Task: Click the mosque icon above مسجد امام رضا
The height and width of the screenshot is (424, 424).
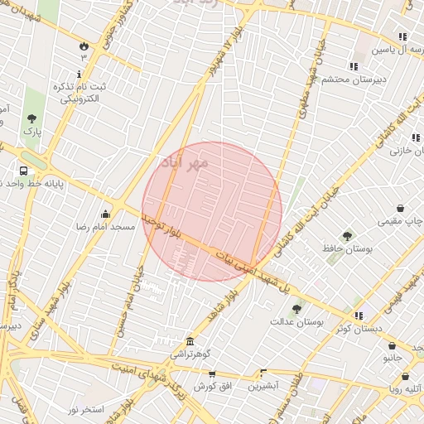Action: point(104,215)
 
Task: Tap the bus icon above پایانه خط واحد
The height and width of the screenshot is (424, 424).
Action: point(23,173)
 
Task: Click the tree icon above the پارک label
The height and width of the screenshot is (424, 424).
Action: point(31,119)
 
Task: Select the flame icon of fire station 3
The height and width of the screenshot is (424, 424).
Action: point(84,46)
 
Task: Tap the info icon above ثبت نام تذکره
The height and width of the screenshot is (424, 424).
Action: point(79,75)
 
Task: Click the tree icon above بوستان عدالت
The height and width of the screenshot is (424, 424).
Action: point(296,310)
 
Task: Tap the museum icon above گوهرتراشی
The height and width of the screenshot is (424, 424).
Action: point(191,342)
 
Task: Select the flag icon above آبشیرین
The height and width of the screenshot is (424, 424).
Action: point(263,373)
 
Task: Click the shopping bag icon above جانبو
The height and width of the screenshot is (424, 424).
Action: point(392,346)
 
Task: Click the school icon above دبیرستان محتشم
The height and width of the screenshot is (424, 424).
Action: point(354,66)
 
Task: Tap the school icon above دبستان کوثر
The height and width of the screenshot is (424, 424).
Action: point(359,316)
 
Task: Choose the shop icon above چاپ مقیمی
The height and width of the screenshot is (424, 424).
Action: point(400,209)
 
